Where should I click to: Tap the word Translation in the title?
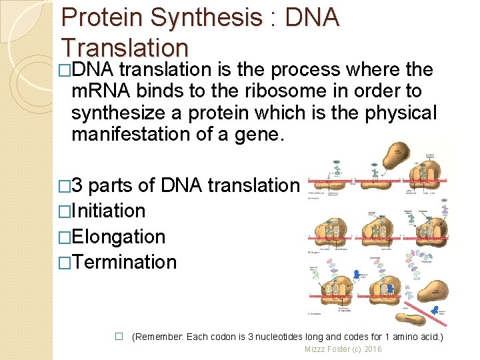click(125, 47)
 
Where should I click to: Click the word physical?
click(401, 113)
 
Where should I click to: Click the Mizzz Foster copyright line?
click(343, 349)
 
